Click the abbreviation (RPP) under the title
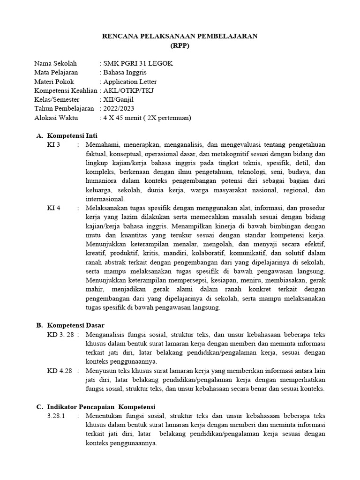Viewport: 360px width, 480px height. coord(180,46)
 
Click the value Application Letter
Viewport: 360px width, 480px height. coord(130,82)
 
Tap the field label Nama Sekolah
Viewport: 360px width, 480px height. coord(55,64)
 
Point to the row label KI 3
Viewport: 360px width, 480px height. coord(54,144)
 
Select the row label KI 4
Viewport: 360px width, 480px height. coord(54,207)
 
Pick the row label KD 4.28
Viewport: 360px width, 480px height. coord(60,371)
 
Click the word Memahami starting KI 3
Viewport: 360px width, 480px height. coord(102,144)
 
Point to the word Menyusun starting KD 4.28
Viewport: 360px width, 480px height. coord(101,371)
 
